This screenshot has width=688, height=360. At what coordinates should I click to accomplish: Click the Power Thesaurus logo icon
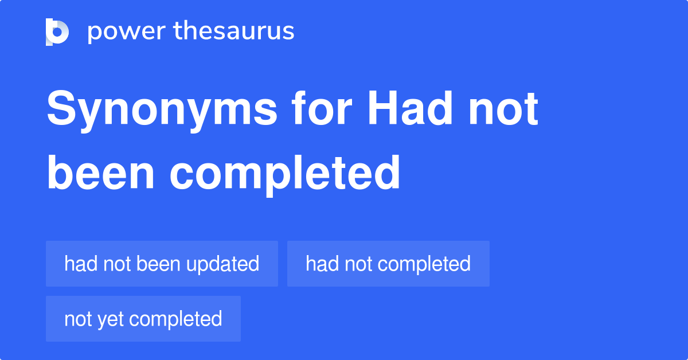[57, 32]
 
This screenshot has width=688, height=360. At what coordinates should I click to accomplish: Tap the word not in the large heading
[503, 109]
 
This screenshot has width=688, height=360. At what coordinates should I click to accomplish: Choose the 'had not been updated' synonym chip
[162, 264]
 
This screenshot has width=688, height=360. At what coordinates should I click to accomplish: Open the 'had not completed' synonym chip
[388, 264]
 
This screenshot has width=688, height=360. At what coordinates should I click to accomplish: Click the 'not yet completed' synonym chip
[143, 319]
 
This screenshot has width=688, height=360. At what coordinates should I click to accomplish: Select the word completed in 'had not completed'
[424, 264]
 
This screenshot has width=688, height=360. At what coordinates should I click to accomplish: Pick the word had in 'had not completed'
[319, 264]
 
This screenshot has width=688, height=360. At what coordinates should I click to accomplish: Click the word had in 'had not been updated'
[78, 264]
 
